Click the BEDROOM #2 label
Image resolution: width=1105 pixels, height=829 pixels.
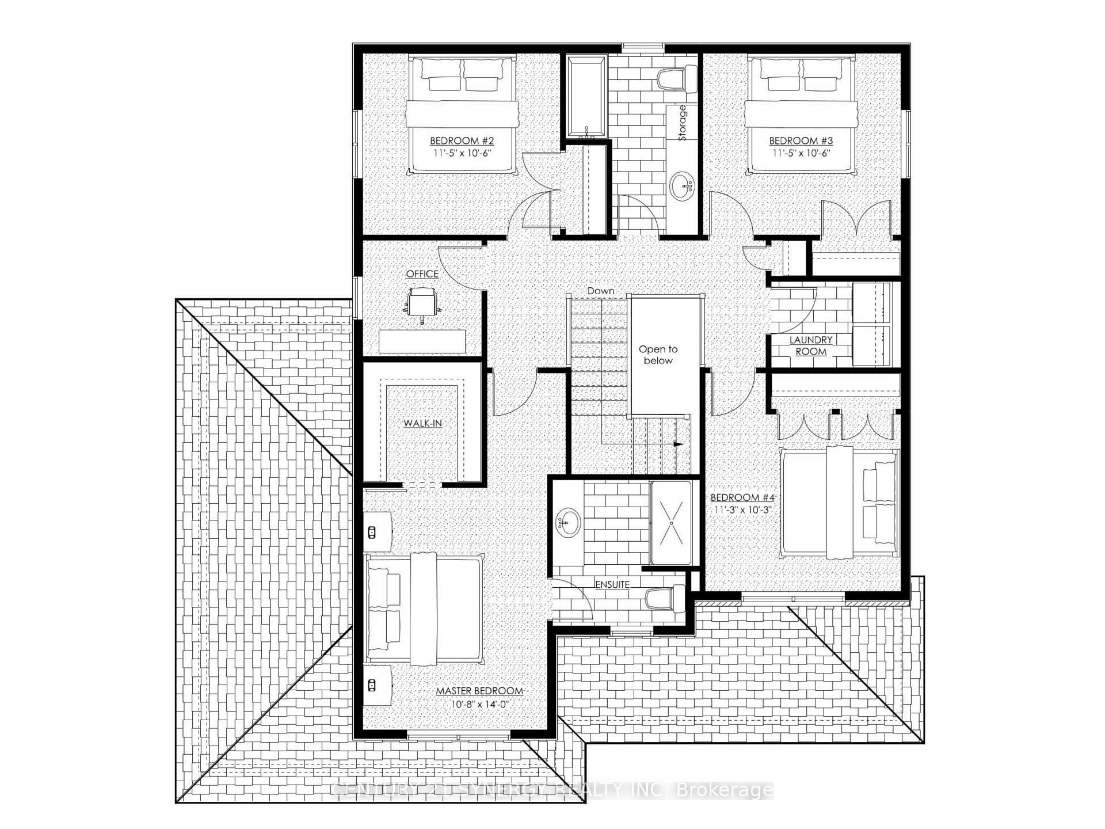[462, 140]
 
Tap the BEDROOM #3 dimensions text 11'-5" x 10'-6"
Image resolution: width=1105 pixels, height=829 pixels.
[802, 153]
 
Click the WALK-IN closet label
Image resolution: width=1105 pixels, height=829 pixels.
[422, 423]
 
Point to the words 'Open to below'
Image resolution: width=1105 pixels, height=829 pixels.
[658, 355]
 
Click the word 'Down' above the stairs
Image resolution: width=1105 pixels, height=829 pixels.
[600, 291]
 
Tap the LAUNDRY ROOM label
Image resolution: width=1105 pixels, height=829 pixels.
[811, 346]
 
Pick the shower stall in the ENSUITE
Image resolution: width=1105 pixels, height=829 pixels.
[671, 523]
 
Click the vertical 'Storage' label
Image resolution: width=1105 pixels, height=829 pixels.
[683, 123]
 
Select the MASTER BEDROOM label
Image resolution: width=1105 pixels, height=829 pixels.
[479, 691]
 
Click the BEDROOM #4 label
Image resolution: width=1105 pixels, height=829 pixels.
[742, 497]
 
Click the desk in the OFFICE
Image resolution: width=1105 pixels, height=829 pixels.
[422, 341]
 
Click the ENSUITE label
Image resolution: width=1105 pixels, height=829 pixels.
[612, 584]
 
